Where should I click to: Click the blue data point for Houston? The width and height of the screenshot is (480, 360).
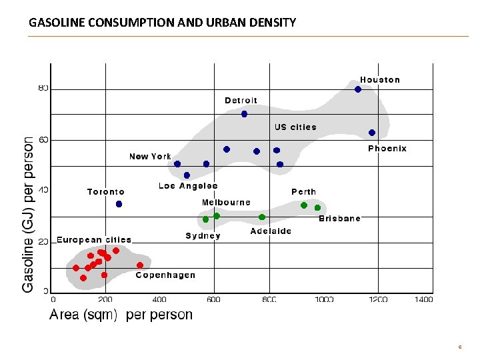358,89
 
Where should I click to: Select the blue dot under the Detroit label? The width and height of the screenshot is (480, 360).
244,114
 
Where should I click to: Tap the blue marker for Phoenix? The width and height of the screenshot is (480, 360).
372,133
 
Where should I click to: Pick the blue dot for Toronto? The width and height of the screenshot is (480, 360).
119,204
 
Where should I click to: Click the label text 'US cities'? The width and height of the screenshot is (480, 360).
295,127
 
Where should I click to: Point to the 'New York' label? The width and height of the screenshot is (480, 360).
150,156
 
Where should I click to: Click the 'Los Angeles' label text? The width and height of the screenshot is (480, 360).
188,185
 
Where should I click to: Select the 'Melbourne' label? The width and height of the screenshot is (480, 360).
226,202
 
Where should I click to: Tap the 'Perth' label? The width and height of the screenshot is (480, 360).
303,191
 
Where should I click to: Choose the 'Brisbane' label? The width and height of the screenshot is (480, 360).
339,218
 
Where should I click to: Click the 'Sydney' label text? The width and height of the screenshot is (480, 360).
203,235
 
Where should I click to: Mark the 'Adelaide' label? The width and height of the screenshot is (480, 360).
271,231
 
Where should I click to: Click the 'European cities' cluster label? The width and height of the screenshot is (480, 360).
94,239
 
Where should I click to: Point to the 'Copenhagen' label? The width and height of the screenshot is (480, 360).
165,275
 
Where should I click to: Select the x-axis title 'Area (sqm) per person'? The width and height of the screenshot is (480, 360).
121,315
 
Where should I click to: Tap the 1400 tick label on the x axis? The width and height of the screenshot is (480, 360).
423,299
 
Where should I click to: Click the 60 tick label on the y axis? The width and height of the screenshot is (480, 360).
43,140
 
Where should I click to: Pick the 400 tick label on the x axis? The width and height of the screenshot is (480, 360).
159,299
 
